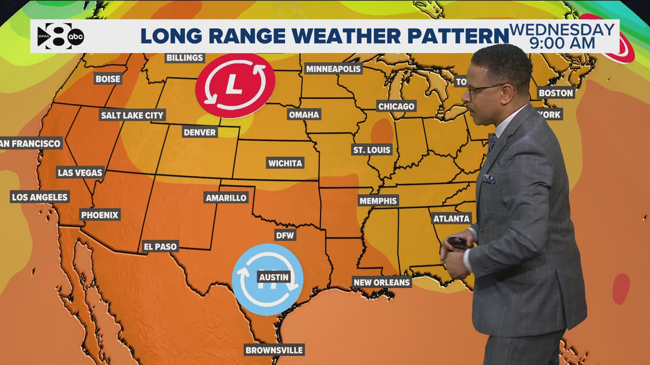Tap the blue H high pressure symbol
tap(267, 279)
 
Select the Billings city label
tap(185, 58)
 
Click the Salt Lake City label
tap(132, 115)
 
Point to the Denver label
tap(199, 132)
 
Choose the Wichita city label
tap(285, 163)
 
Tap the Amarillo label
tap(226, 198)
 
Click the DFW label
tap(285, 235)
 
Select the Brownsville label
tap(274, 350)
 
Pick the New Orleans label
tap(382, 282)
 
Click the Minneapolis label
tap(333, 69)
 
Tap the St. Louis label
tap(372, 150)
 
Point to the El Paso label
tap(160, 247)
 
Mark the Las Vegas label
tap(80, 173)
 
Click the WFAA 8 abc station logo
tap(61, 36)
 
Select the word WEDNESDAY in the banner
tap(562, 30)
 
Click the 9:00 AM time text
tap(562, 44)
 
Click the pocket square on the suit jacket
tap(488, 178)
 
